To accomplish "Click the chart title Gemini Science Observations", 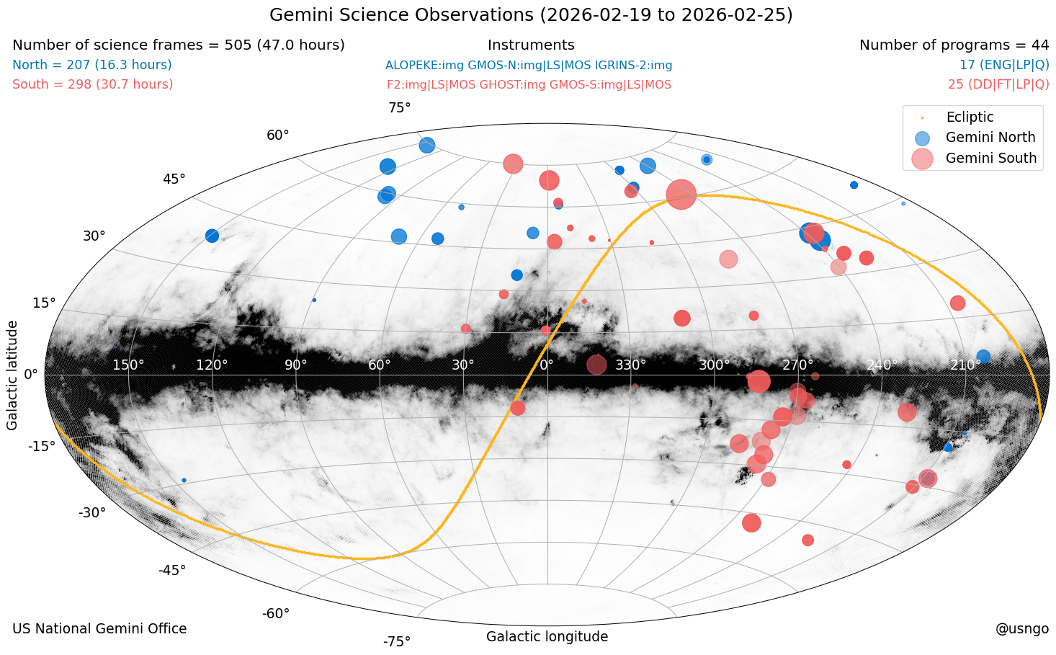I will click(x=531, y=15).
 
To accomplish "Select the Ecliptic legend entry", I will click(x=970, y=117).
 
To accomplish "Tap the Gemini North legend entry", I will click(x=990, y=138).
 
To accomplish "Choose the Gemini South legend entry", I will click(x=990, y=159).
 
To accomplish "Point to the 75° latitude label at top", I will click(x=399, y=108).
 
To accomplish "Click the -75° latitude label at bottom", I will click(x=396, y=641).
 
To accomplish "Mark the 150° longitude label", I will click(x=128, y=365).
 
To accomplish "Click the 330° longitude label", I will click(x=630, y=365).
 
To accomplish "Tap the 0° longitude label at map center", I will click(x=547, y=365).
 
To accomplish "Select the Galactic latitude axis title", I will click(x=12, y=375).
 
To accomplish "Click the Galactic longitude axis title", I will click(x=547, y=637).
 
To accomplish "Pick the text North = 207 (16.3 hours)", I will click(x=92, y=66).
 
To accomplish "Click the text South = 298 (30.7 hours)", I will click(x=93, y=85).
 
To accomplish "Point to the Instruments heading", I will click(x=531, y=45).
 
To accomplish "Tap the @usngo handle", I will click(x=1021, y=629).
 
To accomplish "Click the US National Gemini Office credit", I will click(x=99, y=629).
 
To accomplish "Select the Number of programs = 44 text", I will click(x=954, y=45).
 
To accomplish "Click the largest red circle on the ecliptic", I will click(x=681, y=194).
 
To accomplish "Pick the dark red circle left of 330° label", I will click(x=596, y=365).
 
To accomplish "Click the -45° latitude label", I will click(x=172, y=571).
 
